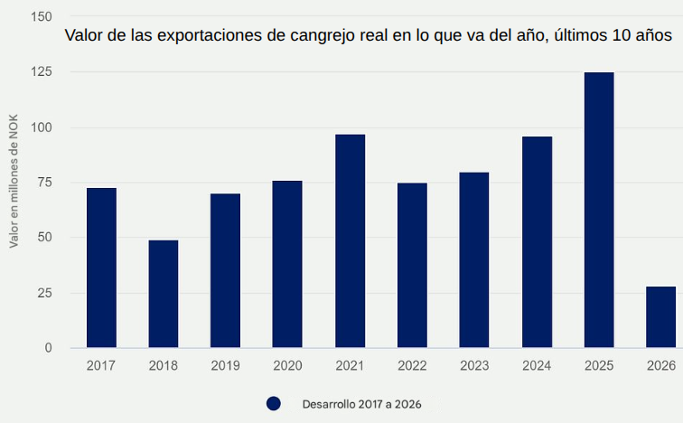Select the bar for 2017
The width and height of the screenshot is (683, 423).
click(101, 268)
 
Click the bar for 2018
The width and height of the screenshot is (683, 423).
click(164, 294)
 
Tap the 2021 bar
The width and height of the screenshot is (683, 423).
click(350, 240)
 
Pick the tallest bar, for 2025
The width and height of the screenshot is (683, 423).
click(599, 210)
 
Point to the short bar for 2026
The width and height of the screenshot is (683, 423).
click(660, 317)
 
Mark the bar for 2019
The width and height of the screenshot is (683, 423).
click(226, 270)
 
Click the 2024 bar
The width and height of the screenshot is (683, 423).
click(537, 242)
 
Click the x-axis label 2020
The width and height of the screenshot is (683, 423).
click(287, 366)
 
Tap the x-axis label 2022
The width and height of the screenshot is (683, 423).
click(412, 366)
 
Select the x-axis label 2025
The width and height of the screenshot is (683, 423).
click(599, 366)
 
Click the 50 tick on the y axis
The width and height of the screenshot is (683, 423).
click(44, 238)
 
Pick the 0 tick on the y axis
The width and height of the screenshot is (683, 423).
click(49, 348)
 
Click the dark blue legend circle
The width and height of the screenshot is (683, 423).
click(274, 404)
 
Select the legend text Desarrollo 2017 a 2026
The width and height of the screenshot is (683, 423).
click(361, 404)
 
